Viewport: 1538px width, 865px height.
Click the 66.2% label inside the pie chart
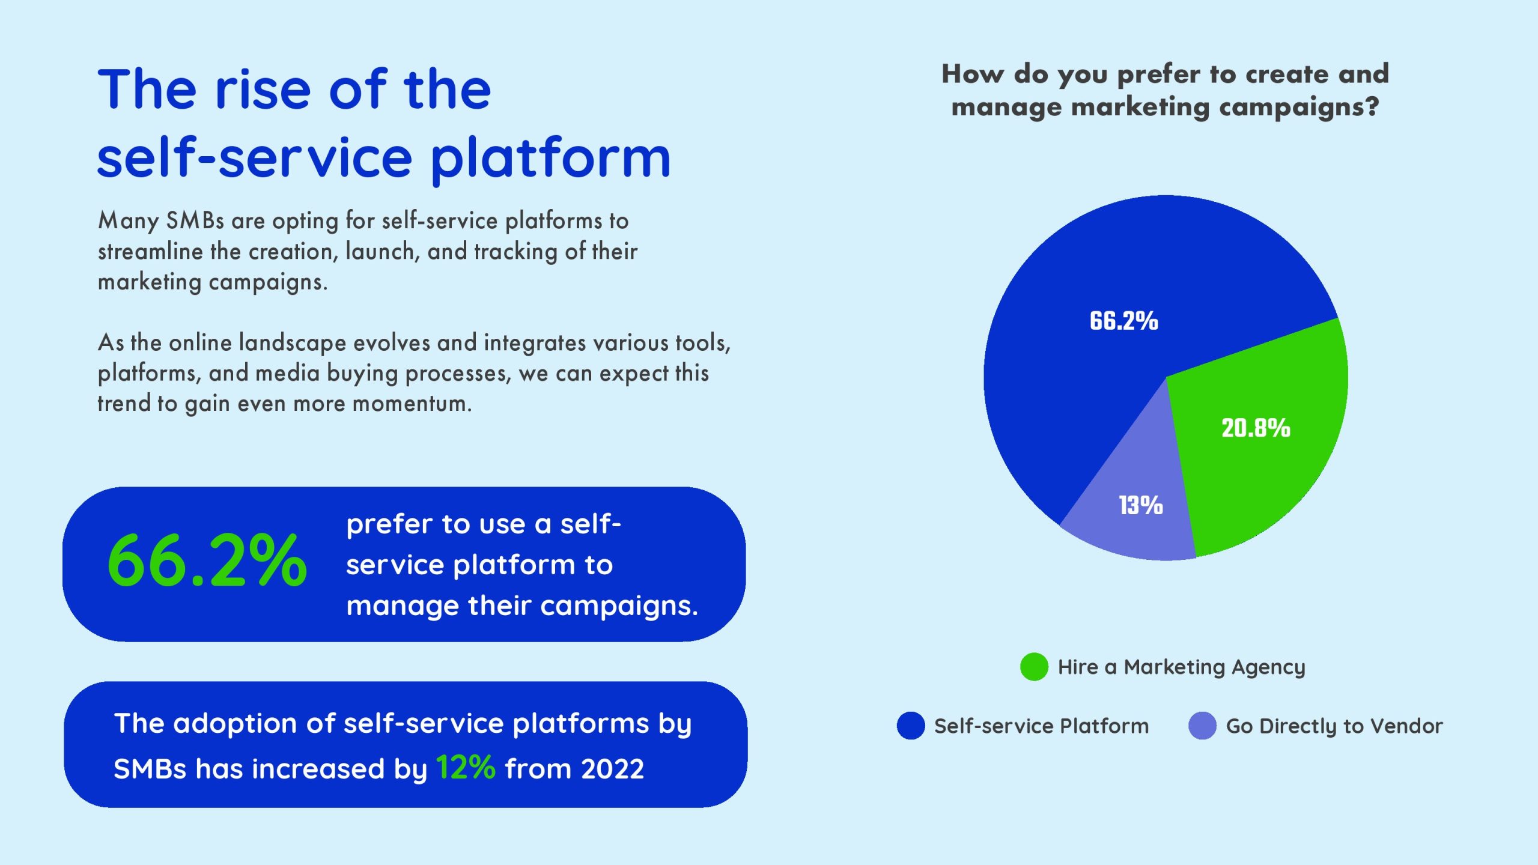tap(1123, 321)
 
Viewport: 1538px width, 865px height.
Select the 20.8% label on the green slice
tap(1256, 428)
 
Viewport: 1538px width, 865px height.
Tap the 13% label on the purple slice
tap(1140, 505)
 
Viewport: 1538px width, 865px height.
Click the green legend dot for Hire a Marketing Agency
tap(1034, 667)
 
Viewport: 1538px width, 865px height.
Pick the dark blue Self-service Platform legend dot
tap(911, 726)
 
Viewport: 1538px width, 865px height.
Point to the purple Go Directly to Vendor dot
tap(1202, 726)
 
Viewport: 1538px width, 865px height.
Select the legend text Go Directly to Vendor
tap(1334, 726)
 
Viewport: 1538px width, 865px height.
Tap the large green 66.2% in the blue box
tap(207, 561)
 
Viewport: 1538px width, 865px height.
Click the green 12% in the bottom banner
tap(466, 768)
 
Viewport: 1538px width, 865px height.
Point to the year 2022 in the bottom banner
tap(612, 769)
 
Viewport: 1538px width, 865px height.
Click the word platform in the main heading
tap(550, 159)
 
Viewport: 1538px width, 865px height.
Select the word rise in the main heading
tap(263, 90)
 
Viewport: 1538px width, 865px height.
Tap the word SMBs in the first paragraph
tap(195, 221)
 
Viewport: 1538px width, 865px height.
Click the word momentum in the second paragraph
tap(412, 403)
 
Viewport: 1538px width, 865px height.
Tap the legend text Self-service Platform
tap(1041, 726)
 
